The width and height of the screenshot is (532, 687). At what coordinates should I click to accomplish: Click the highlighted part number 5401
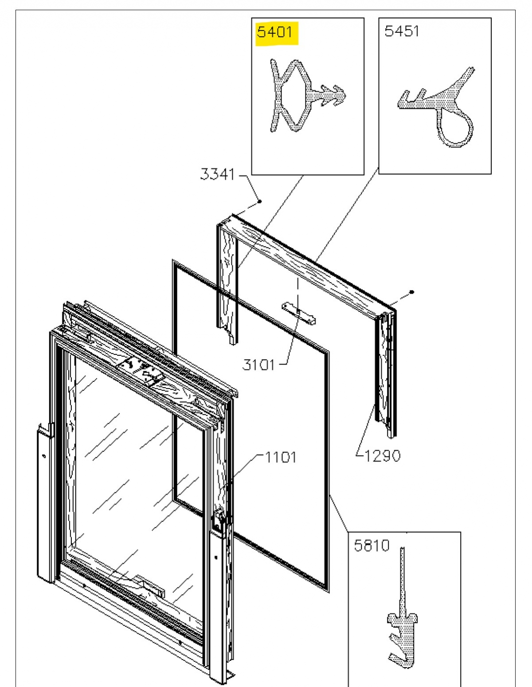[x=275, y=32]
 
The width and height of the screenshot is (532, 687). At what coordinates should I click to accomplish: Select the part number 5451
[x=402, y=31]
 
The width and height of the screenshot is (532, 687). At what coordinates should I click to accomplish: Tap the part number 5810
[x=372, y=545]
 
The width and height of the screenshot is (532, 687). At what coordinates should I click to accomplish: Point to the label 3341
[x=217, y=174]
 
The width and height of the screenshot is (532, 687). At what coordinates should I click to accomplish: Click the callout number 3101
[x=258, y=365]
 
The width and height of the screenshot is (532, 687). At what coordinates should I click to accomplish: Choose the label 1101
[x=281, y=456]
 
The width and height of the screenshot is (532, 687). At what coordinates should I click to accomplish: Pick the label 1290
[x=382, y=455]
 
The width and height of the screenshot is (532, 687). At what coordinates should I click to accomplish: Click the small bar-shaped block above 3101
[x=299, y=312]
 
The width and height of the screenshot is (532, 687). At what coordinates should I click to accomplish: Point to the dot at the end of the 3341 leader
[x=260, y=201]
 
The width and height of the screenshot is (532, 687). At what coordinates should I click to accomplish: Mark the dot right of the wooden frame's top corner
[x=412, y=292]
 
